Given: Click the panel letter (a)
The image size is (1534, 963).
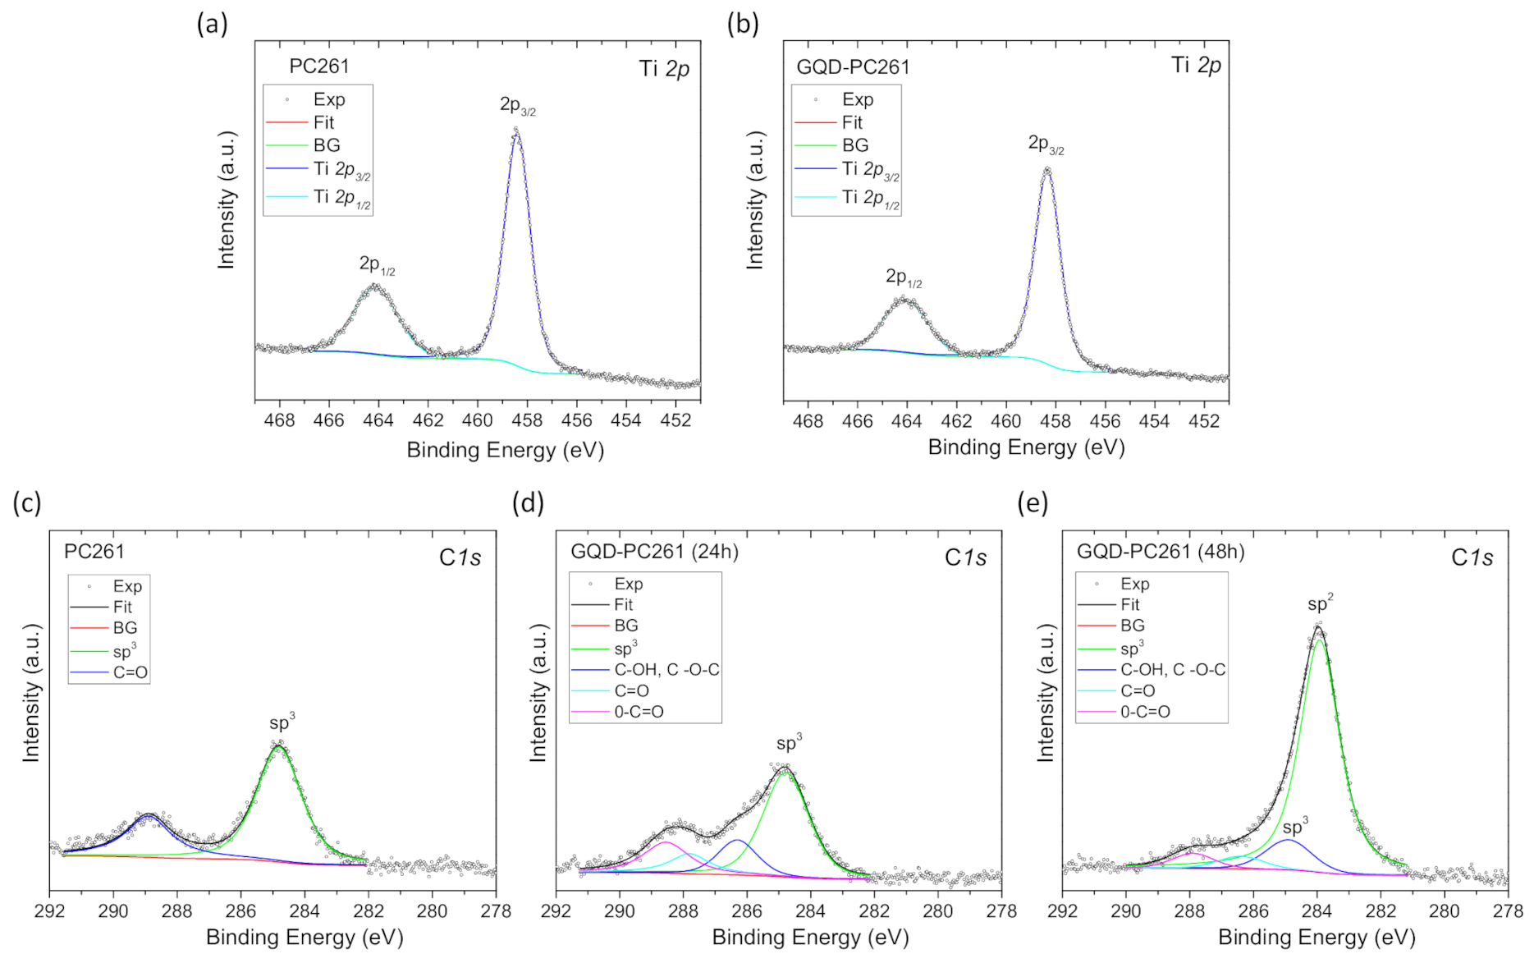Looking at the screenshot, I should (212, 25).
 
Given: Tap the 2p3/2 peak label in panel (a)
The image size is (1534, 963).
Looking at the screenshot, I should (517, 106).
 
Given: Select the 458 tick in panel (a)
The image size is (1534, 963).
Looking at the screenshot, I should (527, 420).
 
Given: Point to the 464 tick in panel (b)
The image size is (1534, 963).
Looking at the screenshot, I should (907, 420).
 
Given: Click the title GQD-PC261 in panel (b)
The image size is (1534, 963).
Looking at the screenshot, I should (853, 67).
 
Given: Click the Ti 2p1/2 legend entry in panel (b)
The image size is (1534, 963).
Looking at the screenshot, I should (870, 198).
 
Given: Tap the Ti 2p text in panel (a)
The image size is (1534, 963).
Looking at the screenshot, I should (664, 69).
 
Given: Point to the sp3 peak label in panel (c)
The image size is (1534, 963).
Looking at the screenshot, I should (282, 723).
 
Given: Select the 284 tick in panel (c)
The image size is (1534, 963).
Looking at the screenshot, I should (305, 910).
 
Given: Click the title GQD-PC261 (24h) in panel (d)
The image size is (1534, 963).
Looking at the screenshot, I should (654, 552).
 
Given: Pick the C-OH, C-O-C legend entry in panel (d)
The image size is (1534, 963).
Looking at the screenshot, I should (666, 670).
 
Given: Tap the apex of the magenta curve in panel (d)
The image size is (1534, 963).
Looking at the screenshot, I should (666, 842).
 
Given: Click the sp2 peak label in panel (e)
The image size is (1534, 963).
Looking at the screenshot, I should (1320, 604).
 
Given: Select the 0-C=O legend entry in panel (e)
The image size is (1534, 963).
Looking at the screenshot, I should (1145, 712).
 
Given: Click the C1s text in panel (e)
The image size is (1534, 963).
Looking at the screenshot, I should (1472, 558).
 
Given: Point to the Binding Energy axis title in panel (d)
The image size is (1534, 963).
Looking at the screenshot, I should (810, 938).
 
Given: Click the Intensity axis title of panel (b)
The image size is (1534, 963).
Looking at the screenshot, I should (754, 199).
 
